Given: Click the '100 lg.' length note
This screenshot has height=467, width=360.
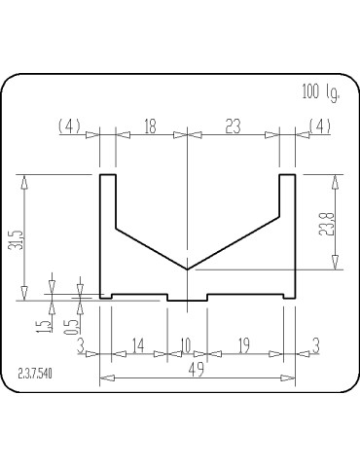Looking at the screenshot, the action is tap(321, 93).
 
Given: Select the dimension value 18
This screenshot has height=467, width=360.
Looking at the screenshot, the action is tap(150, 126).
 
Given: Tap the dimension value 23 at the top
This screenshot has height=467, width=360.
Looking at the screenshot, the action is tap(233, 126).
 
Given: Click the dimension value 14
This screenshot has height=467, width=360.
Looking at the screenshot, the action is tap(138, 345).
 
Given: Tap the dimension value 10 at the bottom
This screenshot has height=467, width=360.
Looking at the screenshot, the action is tap(186, 345).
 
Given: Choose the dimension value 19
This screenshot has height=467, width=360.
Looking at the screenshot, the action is tap(243, 345).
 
